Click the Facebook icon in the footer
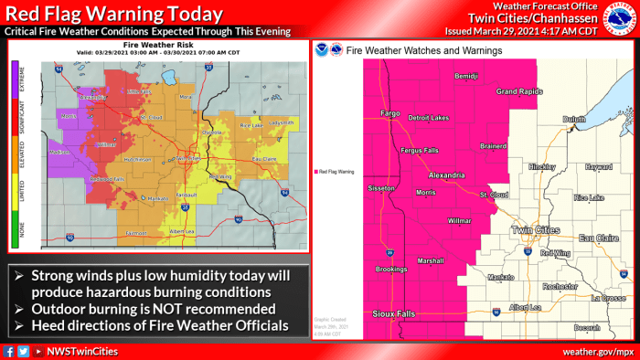(x=8, y=351)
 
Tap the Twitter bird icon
(x=22, y=351)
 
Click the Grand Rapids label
(x=518, y=92)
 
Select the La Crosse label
(x=606, y=298)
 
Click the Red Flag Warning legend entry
(x=337, y=171)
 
